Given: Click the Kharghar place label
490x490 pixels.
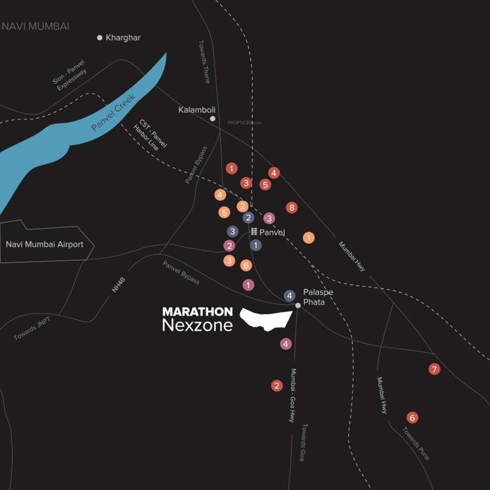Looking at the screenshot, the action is (122, 38).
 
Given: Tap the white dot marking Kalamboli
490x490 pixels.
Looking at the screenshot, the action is (212, 119).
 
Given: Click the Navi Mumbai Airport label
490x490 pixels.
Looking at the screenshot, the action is (44, 244).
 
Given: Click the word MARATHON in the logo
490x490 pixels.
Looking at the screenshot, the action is (197, 312).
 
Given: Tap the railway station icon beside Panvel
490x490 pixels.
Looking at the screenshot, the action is (253, 232).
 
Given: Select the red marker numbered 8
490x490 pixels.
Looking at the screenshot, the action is (292, 207).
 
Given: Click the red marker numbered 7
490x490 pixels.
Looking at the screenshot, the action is (434, 369).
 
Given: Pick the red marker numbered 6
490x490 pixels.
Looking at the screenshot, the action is (412, 418).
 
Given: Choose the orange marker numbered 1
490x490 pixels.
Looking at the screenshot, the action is (309, 238).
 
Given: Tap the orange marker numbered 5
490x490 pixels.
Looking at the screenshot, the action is (224, 212).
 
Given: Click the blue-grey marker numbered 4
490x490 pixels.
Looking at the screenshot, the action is (290, 295).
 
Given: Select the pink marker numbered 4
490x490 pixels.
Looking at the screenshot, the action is (286, 344).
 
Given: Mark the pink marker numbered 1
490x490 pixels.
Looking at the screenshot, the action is (248, 285).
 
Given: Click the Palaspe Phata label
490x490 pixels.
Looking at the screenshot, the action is (318, 297).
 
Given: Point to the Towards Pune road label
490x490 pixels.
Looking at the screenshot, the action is (416, 443).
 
